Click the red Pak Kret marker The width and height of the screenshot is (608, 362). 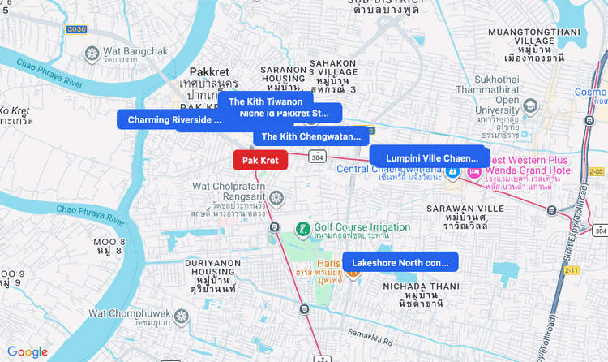click(x=260, y=161)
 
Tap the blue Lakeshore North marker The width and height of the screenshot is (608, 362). click(x=400, y=262)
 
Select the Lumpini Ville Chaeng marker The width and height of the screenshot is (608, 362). click(x=430, y=157)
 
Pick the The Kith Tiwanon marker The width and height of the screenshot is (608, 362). click(x=265, y=101)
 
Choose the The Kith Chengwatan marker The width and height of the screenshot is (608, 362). click(x=310, y=136)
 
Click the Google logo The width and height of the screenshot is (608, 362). click(x=28, y=351)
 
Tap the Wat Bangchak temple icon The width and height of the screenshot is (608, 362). click(x=92, y=53)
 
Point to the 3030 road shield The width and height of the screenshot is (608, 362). click(x=76, y=29)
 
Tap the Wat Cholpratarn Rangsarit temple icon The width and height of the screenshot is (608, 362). click(x=276, y=197)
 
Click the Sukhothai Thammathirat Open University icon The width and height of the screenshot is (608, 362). click(x=530, y=106)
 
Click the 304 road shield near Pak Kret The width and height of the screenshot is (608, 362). click(x=317, y=157)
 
